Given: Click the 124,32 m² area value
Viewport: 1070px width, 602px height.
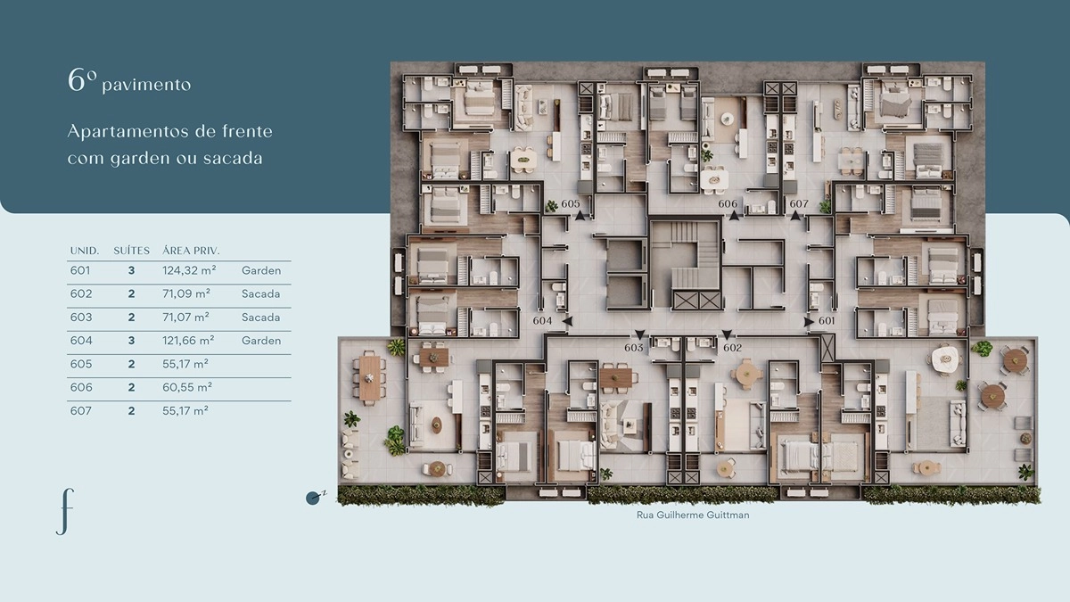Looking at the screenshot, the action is click(189, 270).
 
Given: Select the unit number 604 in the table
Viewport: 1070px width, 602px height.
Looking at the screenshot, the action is click(81, 341).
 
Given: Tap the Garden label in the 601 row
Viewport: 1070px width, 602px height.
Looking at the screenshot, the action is click(260, 270).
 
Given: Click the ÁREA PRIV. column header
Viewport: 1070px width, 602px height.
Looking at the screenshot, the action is click(191, 251).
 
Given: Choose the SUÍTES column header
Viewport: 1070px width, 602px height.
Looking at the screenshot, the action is click(131, 251).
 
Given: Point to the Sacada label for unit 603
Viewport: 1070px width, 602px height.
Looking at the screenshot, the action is click(260, 317).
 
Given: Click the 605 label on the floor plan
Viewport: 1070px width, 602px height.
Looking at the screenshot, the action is click(571, 204).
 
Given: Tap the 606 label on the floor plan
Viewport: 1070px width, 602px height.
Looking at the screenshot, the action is click(728, 204).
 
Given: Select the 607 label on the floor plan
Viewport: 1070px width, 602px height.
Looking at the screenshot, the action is click(799, 204).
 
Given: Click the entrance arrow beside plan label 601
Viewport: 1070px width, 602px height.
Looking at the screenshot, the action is click(809, 322).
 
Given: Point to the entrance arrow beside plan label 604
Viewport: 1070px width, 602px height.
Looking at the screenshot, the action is click(567, 322).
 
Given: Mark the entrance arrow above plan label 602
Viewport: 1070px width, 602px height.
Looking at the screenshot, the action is click(727, 334).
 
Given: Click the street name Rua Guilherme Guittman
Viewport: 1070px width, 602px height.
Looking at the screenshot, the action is click(693, 515).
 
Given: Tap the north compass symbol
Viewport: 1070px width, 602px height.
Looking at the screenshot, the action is click(315, 498).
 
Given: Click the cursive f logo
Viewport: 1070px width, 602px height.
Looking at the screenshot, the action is click(65, 511).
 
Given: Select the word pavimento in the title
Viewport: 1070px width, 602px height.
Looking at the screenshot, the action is click(146, 85).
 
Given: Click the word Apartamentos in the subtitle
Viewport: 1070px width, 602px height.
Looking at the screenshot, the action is click(128, 131).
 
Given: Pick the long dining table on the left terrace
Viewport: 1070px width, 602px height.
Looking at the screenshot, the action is click(370, 377).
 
